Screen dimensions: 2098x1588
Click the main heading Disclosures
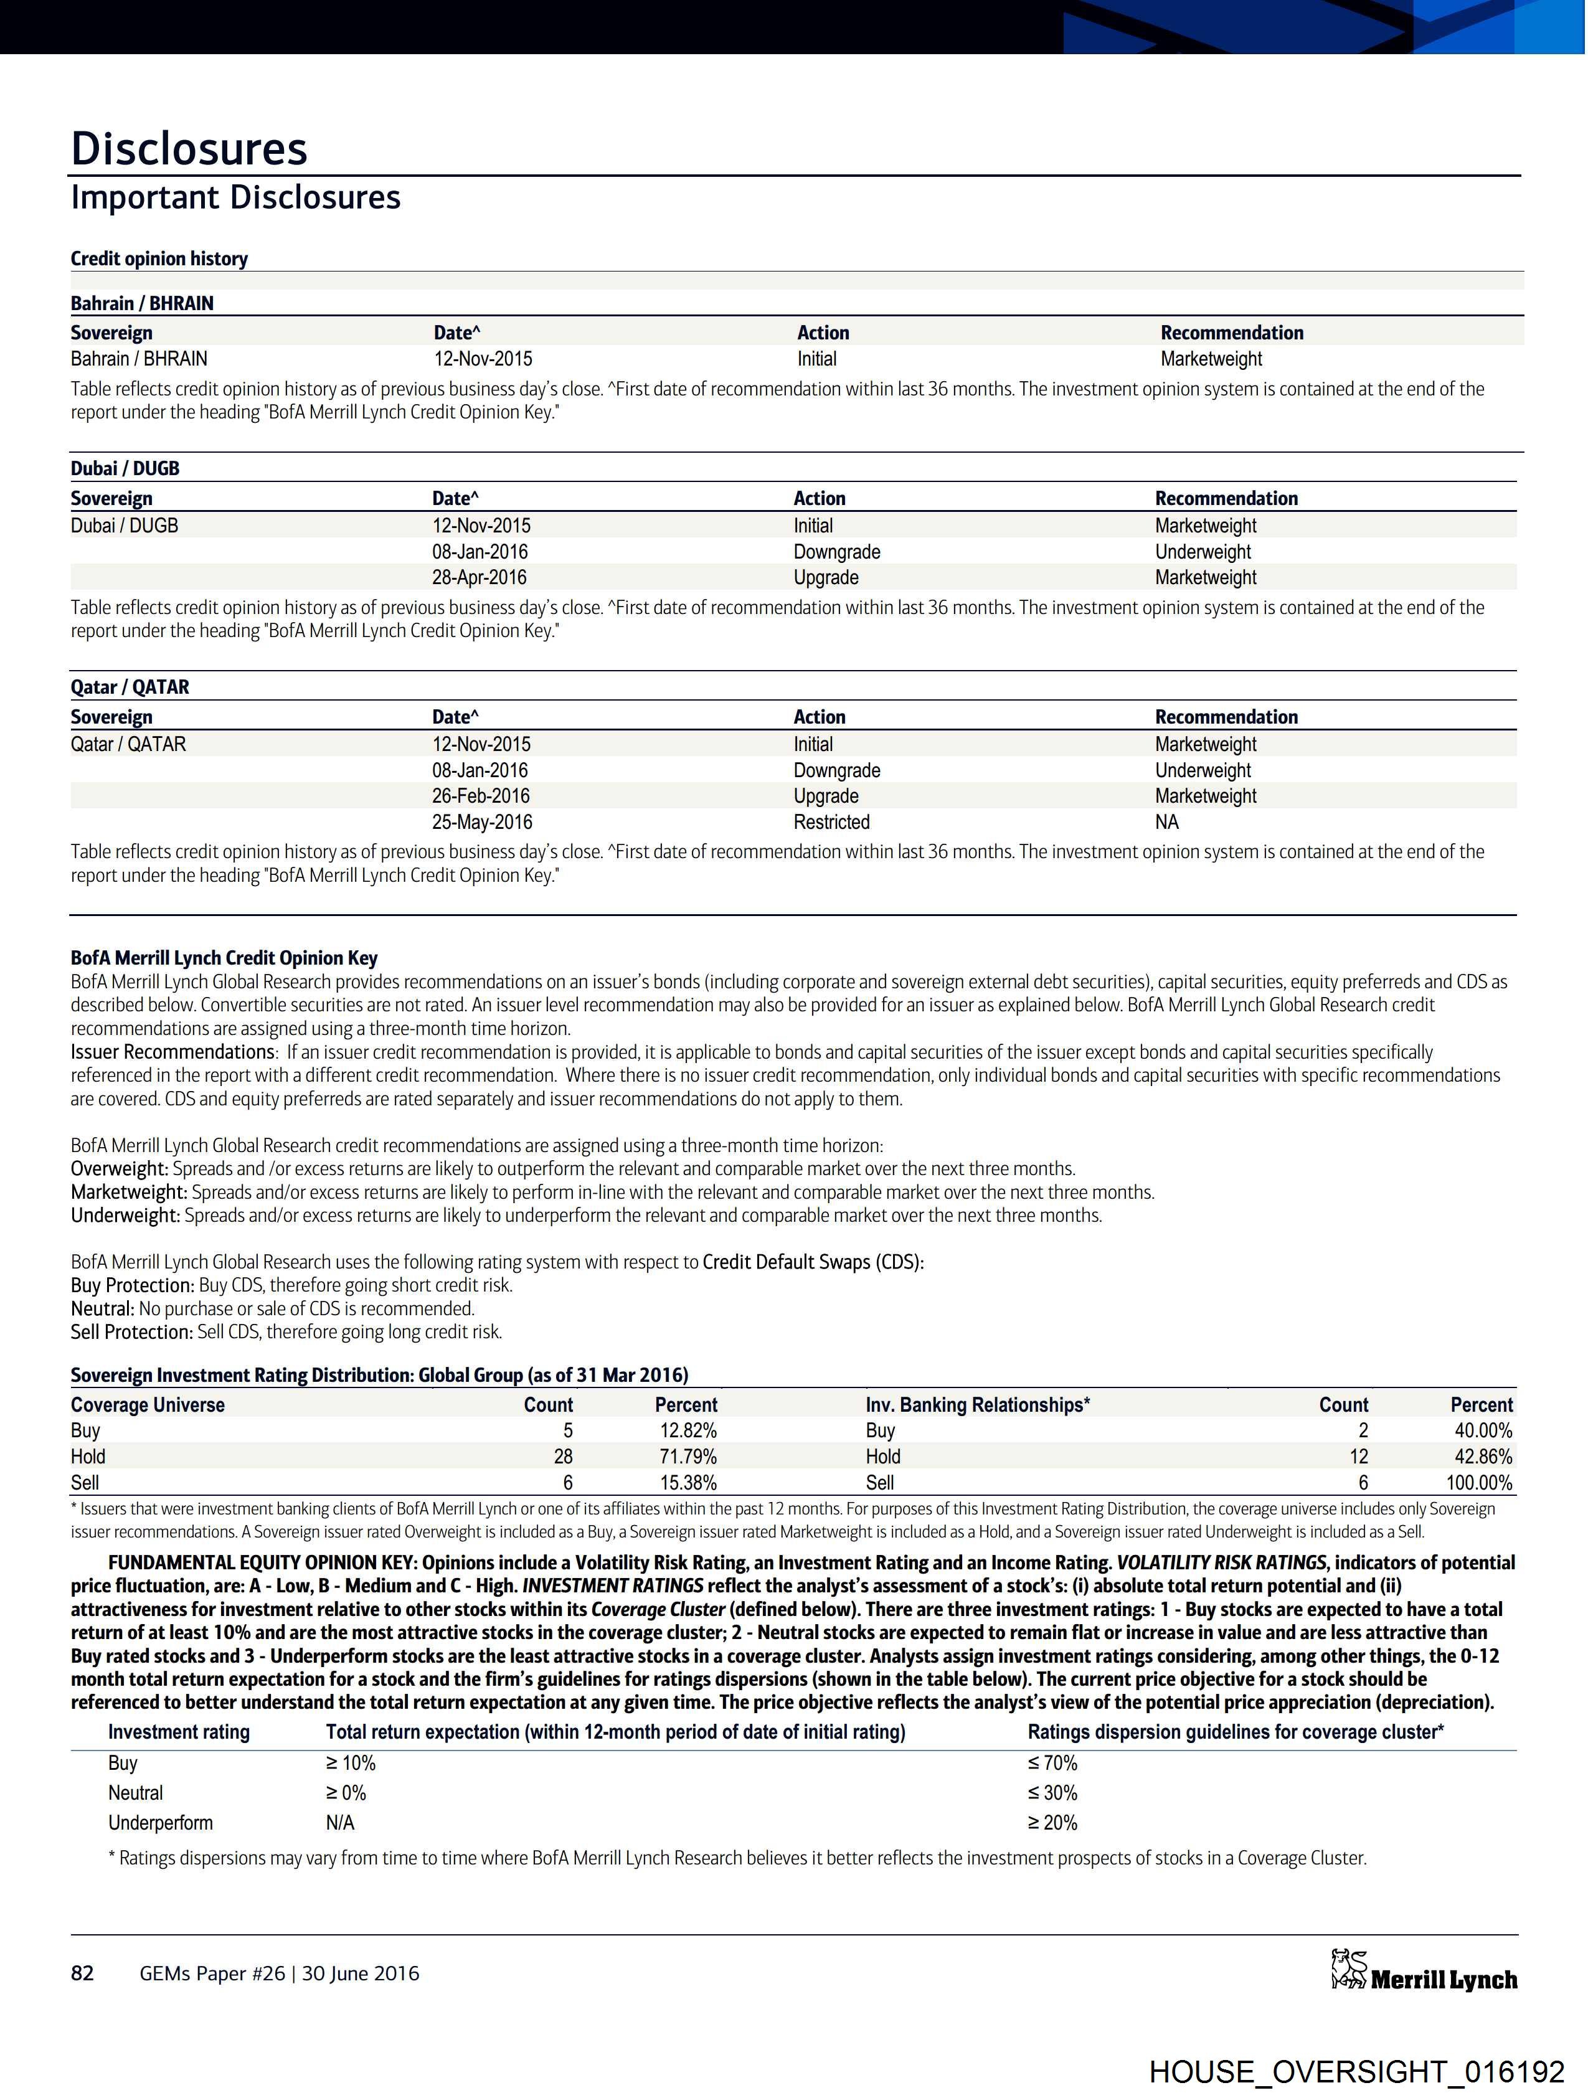189,149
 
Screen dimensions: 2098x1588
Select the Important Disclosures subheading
235,197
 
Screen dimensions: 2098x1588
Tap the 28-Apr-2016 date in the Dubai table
479,578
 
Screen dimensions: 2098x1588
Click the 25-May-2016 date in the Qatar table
482,822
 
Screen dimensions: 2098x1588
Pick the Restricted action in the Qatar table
831,822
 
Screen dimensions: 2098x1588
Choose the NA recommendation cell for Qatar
1167,822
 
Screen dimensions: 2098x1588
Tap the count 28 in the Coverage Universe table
562,1457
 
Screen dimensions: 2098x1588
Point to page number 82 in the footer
83,1973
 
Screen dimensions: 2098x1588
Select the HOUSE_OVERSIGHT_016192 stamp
1356,2071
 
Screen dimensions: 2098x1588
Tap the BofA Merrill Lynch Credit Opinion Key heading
224,959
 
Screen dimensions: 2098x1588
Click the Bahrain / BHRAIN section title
142,303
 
